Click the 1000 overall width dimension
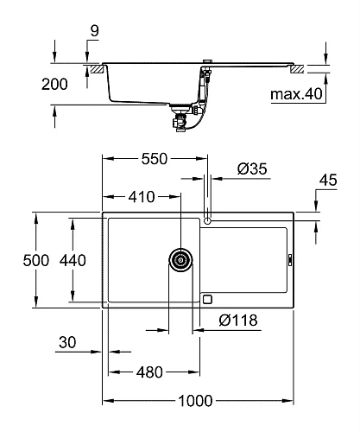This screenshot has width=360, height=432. pos(199,401)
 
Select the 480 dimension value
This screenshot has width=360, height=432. pos(149,373)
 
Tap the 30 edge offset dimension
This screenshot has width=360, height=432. pos(68,343)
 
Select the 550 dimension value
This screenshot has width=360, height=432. pos(154,159)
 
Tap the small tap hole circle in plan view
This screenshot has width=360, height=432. pos(207,219)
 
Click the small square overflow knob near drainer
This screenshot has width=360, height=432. pos(207,298)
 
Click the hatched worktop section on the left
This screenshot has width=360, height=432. pos(92,67)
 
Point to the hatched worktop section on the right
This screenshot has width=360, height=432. pos(297,67)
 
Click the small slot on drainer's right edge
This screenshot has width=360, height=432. pos(289,258)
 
